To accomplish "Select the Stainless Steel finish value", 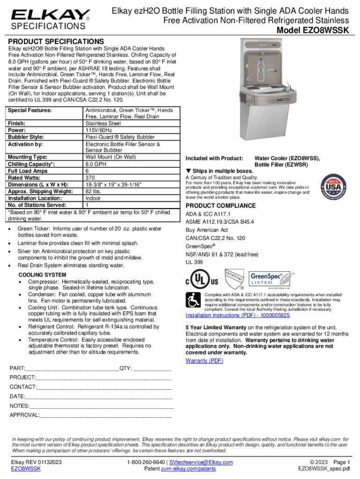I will [x=103, y=123].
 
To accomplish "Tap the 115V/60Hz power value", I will [x=99, y=130].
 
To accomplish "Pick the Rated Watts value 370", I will [x=90, y=178].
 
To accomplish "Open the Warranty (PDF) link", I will [x=204, y=361].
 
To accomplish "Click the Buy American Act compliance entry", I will [x=207, y=230].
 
